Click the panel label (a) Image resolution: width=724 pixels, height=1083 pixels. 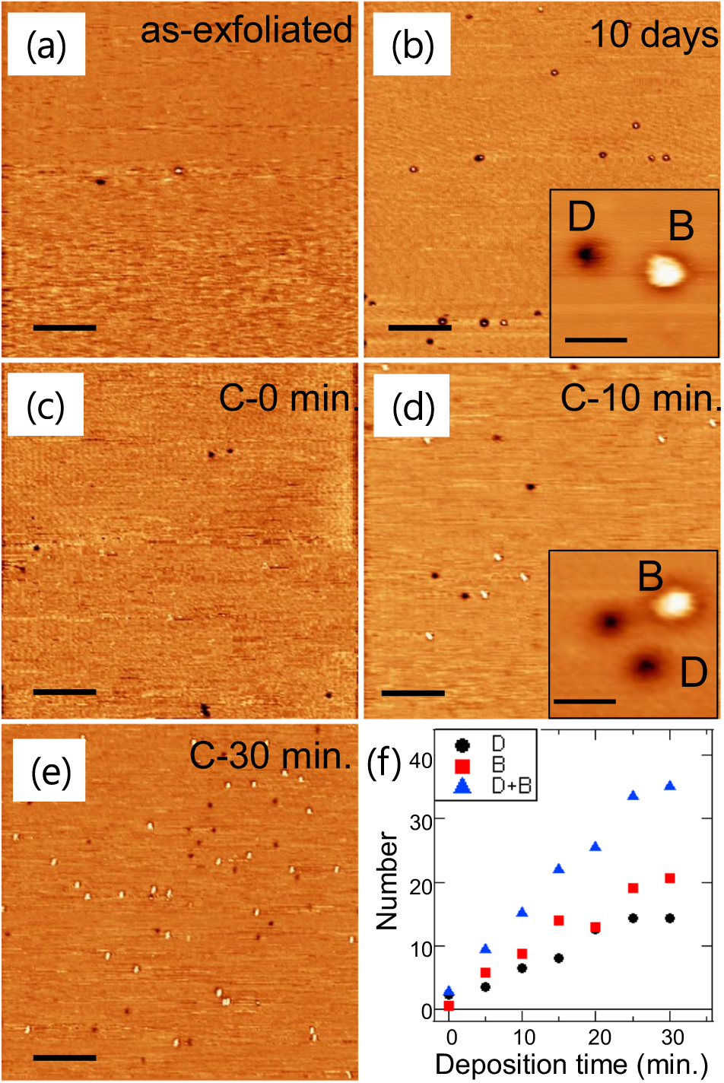click(46, 46)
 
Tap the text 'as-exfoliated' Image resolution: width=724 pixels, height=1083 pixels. click(246, 30)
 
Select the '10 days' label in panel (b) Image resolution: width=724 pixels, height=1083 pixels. click(653, 34)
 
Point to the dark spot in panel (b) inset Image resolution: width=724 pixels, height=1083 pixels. click(586, 254)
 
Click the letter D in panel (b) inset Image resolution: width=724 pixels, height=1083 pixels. click(582, 218)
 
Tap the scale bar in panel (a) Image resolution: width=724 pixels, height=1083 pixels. click(65, 327)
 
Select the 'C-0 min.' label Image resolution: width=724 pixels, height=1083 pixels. click(288, 398)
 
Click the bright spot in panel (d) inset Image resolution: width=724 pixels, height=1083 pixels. click(675, 604)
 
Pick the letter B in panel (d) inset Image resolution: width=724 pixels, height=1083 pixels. click(651, 576)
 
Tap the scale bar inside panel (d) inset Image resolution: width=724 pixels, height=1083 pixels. click(584, 700)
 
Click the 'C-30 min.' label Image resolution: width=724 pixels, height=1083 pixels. click(270, 756)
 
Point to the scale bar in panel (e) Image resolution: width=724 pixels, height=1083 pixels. click(65, 1057)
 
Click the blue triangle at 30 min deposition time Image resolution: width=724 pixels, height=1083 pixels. click(670, 786)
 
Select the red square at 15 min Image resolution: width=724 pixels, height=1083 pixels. click(559, 920)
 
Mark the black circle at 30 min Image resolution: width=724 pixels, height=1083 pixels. click(670, 918)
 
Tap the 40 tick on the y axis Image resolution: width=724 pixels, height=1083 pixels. click(421, 761)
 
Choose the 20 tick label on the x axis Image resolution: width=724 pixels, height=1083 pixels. click(599, 1037)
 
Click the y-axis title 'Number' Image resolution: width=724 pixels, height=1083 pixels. click(387, 880)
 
